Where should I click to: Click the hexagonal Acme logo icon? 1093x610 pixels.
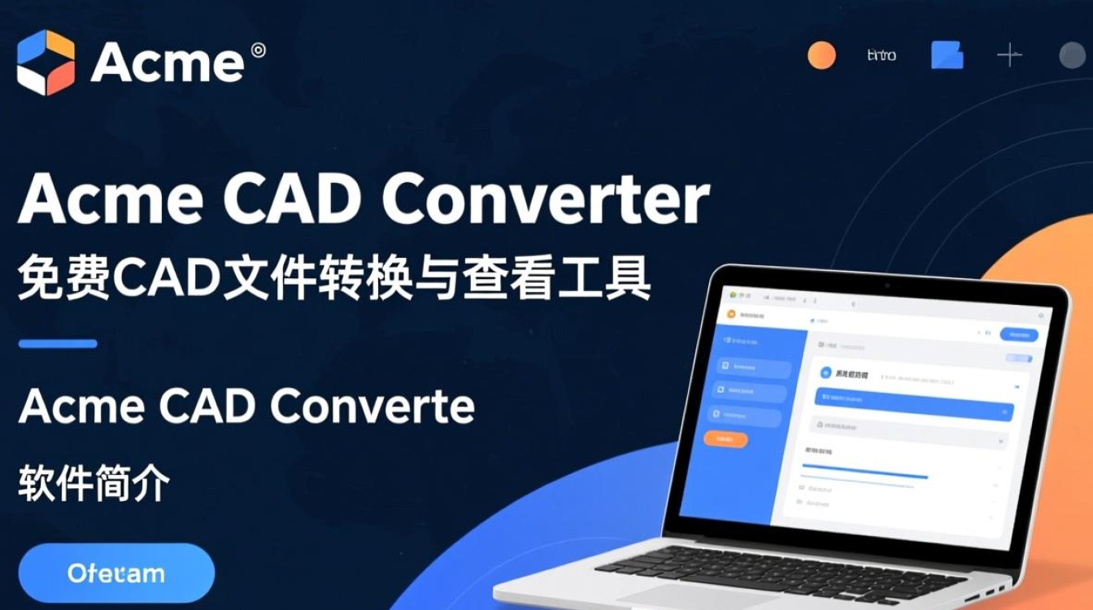46,62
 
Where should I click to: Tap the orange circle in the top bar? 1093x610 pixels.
821,55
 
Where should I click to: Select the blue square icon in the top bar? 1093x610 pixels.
947,55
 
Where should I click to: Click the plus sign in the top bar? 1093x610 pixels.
1009,55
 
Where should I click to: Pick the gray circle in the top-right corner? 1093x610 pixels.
1073,55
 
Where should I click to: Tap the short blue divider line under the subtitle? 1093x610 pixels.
58,344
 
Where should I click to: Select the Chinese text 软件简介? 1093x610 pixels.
94,483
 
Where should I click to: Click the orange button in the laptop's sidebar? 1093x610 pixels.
725,439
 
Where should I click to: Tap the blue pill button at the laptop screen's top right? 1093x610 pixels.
1019,335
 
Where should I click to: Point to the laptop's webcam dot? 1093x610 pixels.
886,286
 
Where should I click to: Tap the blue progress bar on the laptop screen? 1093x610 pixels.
864,476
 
